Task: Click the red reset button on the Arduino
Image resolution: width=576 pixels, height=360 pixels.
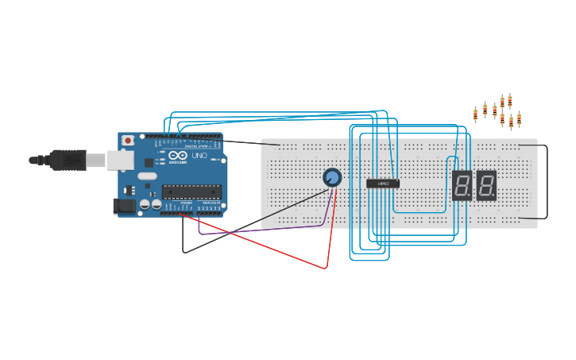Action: (127, 140)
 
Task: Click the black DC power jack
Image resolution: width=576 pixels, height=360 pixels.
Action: (124, 207)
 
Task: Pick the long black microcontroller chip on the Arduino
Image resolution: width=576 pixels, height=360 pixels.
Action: (191, 190)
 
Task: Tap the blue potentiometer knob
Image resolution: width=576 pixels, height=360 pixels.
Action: (332, 177)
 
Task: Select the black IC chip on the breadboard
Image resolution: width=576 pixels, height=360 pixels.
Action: (382, 184)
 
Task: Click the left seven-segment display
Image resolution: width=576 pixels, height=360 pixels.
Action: (461, 185)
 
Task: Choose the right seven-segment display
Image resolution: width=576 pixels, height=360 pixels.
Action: (486, 185)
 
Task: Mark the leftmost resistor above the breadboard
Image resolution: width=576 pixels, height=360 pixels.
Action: (475, 114)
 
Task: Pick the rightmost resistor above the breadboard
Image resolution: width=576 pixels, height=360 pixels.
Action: (519, 119)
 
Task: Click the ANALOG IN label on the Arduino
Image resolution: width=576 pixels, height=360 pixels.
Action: (211, 203)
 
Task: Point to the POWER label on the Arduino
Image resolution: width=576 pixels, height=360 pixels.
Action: (187, 203)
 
